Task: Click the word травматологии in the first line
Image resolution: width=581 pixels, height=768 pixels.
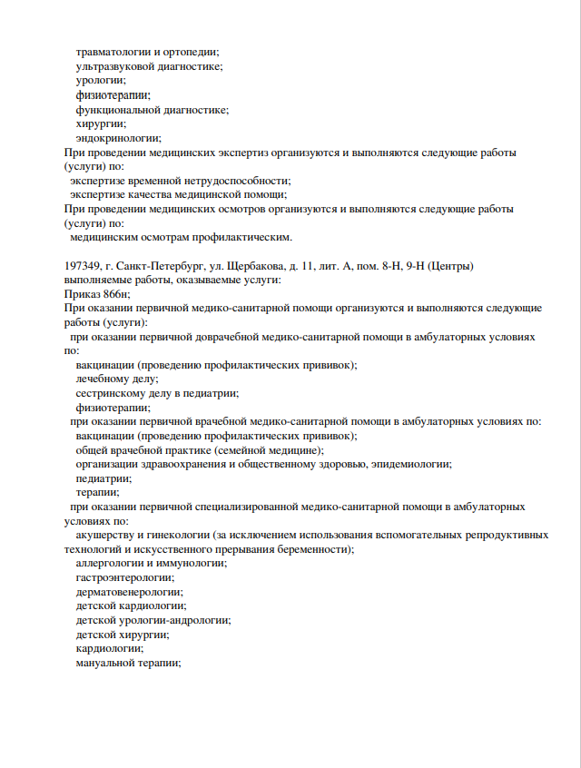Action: coord(113,52)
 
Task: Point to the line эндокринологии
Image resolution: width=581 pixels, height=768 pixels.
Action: coord(118,138)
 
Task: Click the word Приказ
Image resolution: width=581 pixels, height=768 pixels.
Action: coord(83,294)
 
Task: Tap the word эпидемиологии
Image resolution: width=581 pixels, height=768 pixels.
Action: coord(412,465)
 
